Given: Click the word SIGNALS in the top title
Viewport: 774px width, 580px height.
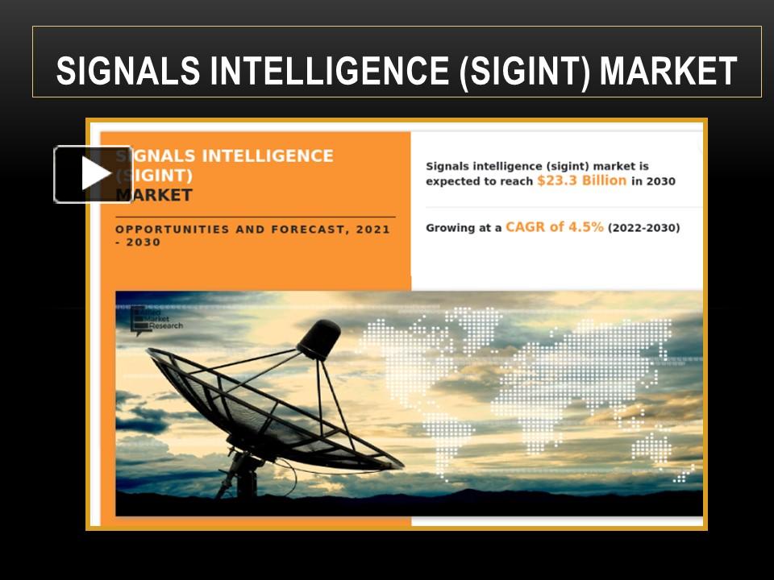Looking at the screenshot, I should pos(128,71).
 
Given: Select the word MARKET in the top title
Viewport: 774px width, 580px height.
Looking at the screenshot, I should pos(668,71).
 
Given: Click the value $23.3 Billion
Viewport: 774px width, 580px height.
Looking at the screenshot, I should pos(581,181).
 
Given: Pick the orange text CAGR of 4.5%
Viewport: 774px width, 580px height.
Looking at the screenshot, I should pos(555,227).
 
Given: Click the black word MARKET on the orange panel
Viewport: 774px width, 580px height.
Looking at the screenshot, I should pos(154,195).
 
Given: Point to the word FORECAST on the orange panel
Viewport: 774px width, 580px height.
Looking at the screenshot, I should pos(308,230).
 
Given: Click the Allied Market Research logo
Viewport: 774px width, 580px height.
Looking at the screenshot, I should pos(156,320).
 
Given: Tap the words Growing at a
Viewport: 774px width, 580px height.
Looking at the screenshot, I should pos(464,228).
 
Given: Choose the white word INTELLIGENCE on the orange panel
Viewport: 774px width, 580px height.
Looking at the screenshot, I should pos(266,155).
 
